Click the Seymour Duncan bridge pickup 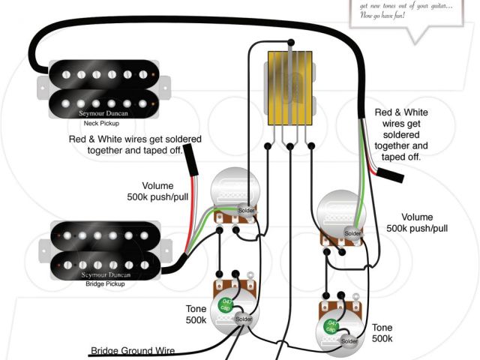pos(105,248)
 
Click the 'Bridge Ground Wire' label pos(133,350)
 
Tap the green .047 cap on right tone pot pos(329,326)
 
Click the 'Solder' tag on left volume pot pos(245,211)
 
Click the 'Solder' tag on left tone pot pos(244,319)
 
